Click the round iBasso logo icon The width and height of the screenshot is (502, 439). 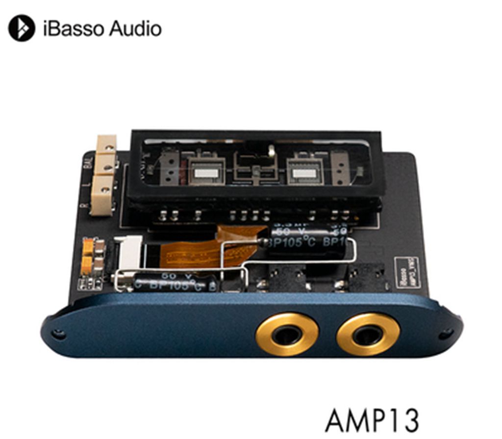[22, 28]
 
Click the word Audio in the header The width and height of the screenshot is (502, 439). [135, 28]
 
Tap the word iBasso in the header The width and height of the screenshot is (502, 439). [74, 28]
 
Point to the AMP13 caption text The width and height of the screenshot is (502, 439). [372, 419]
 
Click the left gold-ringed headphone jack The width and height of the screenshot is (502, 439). [287, 335]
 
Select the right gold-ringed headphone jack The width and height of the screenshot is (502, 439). [368, 335]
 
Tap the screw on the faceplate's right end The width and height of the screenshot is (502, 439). [446, 334]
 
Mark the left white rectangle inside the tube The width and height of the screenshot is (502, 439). [205, 173]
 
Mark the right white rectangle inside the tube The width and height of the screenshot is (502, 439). [304, 173]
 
